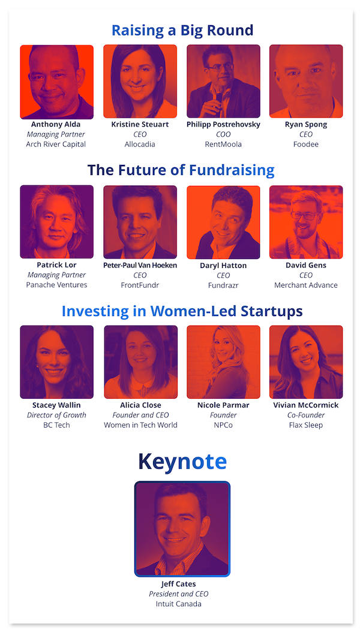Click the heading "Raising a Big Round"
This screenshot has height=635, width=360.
(182, 31)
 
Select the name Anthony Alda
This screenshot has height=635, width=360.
(56, 124)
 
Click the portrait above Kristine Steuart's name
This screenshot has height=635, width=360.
(140, 82)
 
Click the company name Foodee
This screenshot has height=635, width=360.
(305, 144)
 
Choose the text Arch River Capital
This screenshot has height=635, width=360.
(56, 144)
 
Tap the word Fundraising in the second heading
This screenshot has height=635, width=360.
(232, 170)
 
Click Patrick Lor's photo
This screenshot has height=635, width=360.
(57, 222)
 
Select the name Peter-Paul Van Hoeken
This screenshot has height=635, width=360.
(140, 265)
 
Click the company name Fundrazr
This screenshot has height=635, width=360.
(223, 285)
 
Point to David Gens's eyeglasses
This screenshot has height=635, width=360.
(304, 215)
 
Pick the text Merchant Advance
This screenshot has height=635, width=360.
(305, 285)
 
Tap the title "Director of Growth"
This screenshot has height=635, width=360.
(57, 415)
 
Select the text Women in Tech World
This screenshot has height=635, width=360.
(140, 425)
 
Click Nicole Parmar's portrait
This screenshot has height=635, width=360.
(223, 362)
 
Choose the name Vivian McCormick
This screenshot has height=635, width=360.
(305, 405)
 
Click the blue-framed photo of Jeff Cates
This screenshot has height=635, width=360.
(182, 529)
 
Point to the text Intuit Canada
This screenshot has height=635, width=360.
(178, 604)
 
